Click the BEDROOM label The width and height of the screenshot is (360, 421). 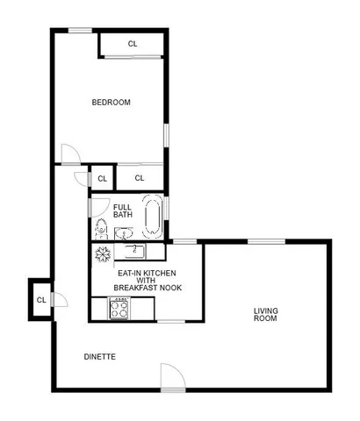click(112, 103)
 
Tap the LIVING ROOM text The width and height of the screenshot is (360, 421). click(265, 313)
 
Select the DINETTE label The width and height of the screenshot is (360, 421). click(99, 356)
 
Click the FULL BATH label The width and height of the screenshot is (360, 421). click(123, 210)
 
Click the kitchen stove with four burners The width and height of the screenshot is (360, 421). click(119, 308)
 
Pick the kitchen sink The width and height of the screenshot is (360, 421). click(133, 252)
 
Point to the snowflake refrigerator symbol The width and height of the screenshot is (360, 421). click(102, 253)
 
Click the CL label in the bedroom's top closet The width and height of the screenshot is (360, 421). click(133, 44)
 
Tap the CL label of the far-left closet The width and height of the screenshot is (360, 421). click(41, 300)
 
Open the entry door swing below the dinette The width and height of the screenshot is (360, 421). click(171, 378)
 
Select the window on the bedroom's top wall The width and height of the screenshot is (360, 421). click(81, 31)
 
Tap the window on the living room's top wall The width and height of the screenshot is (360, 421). click(265, 240)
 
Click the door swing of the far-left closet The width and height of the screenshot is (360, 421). click(58, 300)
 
